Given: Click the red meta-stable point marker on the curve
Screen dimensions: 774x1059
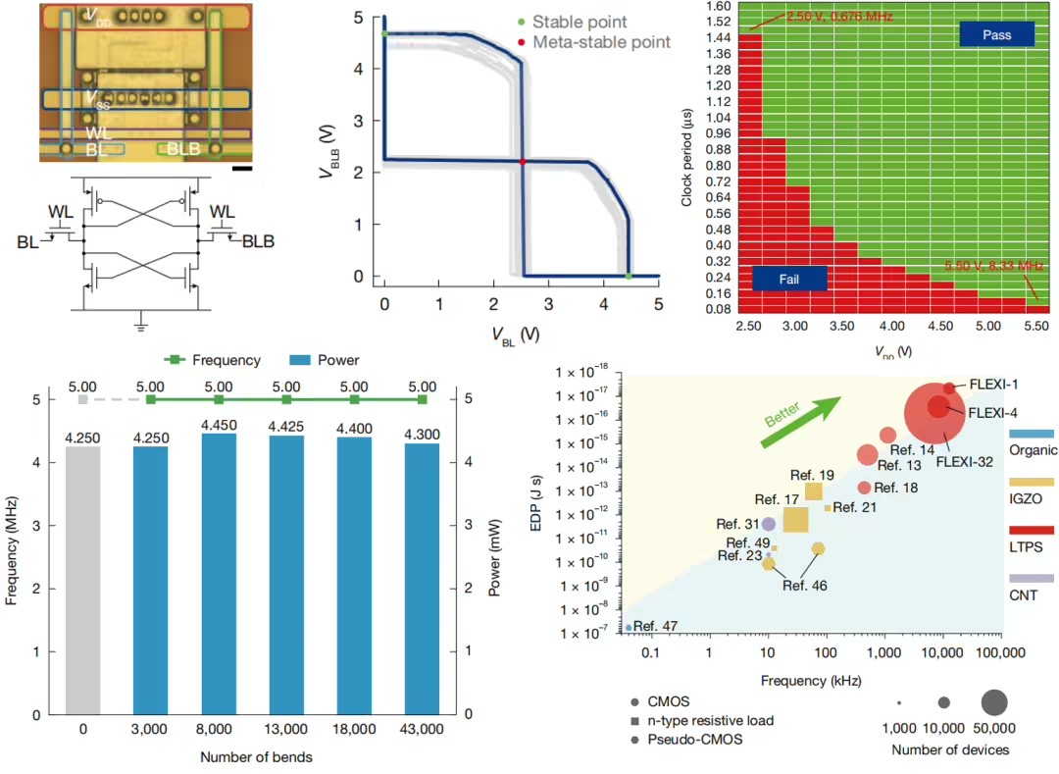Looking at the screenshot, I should pos(523,161).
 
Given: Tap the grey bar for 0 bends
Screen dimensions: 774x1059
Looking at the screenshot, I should pos(82,579).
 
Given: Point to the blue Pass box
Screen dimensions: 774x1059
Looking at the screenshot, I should pos(997,34).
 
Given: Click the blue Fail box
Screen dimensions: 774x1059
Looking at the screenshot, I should pos(789,278).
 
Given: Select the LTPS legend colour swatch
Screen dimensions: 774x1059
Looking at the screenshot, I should pos(1032,531).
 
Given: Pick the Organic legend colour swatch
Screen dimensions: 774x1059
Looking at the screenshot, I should pos(1032,433).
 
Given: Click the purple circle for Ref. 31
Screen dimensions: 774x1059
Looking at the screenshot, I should pos(769,524).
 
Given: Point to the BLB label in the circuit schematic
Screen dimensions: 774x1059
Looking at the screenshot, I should pos(259,241).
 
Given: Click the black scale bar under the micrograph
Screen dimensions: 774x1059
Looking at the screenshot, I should pos(244,169).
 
